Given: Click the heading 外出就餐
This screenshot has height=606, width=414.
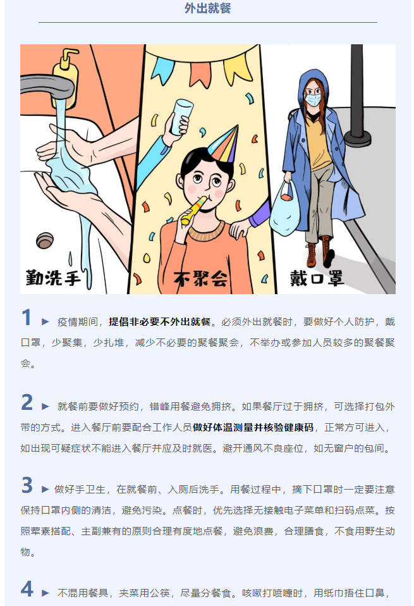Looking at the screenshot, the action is tap(207, 8).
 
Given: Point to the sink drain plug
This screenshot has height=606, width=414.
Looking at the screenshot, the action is tap(45, 240).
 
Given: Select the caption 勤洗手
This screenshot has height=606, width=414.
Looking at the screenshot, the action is tap(53, 278).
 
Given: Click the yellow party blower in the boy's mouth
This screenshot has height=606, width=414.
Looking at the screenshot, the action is tap(194, 210).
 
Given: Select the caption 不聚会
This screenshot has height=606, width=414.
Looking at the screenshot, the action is tap(200, 278).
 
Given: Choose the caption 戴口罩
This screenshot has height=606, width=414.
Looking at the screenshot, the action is tap(317, 278).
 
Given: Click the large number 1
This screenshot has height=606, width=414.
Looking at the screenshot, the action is tap(27, 318).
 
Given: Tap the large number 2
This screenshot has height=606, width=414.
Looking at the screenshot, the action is tap(27, 402).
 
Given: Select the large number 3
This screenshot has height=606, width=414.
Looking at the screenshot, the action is tap(27, 485).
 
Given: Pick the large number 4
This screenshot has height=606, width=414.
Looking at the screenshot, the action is tap(27, 589).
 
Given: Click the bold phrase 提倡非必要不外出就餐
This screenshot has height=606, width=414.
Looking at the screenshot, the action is tap(160, 321).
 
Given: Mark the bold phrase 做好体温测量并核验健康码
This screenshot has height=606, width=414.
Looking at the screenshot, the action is tap(253, 427).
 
